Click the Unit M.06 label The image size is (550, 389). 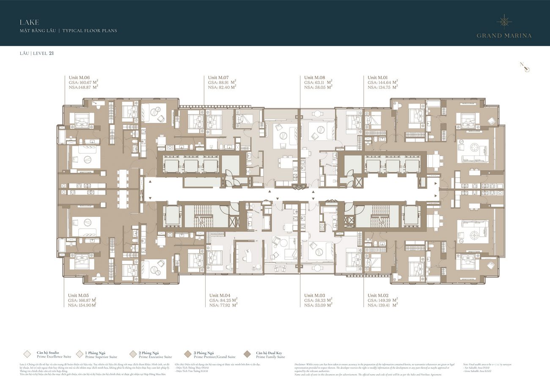pos(79,77)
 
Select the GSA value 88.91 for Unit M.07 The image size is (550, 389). pos(225,83)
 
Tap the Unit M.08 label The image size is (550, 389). pos(314,77)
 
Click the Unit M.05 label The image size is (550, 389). pos(78,295)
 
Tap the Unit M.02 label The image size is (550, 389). pos(378,295)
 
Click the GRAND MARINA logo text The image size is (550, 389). pos(504,36)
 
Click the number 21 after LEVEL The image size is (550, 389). pos(51,53)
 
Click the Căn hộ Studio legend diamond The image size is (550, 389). pos(27,354)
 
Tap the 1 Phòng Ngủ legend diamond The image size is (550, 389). pos(80,354)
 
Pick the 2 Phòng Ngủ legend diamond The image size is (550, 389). pos(132,354)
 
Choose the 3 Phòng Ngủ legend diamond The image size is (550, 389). pos(187,354)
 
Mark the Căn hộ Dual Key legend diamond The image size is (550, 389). pos(247,354)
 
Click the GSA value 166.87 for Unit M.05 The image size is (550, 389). pos(86,300)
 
